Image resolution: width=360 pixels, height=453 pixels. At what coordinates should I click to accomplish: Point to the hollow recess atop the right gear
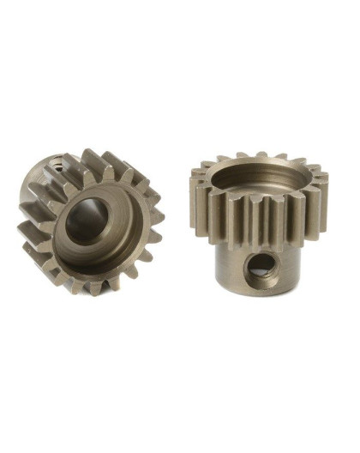coord(256,185)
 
